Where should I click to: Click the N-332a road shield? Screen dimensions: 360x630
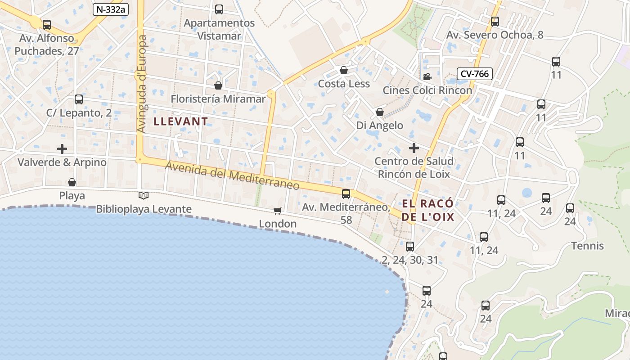[x=111, y=9]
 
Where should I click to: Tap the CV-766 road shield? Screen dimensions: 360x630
[x=475, y=73]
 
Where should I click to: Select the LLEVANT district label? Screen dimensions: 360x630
[x=180, y=121]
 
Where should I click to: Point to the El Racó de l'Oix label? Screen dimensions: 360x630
[x=427, y=210]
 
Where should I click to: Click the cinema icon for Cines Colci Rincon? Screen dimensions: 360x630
[x=427, y=76]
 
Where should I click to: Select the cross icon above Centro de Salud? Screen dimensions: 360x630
[x=414, y=148]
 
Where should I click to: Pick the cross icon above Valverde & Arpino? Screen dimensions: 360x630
[x=62, y=148]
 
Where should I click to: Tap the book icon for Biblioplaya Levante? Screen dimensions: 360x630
[x=144, y=196]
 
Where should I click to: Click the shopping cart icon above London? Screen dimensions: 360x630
[x=278, y=211]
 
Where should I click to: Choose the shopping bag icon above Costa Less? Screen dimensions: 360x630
[x=344, y=70]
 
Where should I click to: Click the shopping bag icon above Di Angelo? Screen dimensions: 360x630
[x=380, y=112]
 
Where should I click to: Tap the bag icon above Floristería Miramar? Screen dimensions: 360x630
[x=218, y=85]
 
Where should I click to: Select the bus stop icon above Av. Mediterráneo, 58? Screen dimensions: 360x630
[x=346, y=194]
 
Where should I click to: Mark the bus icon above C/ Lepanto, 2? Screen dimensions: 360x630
[x=79, y=99]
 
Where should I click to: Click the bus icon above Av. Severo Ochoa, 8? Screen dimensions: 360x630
[x=495, y=21]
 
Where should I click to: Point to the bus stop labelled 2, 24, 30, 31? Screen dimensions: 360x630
[x=409, y=247]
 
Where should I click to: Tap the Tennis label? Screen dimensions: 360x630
[x=587, y=246]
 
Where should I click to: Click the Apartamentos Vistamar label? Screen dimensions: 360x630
[x=219, y=29]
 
